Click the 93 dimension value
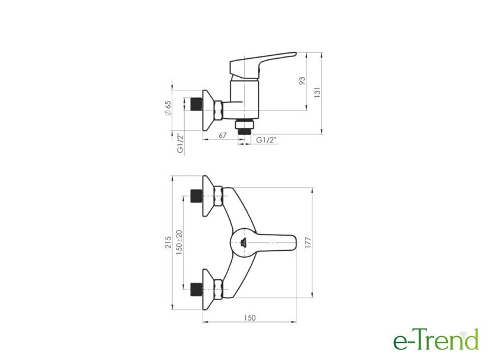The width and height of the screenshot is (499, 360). tap(302, 81)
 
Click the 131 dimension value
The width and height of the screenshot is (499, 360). tap(317, 92)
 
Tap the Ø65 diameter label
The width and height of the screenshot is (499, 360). tap(168, 108)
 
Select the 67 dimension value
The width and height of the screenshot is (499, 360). tap(223, 135)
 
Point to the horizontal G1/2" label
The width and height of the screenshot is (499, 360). tap(266, 140)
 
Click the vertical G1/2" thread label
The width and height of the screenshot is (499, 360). tap(181, 144)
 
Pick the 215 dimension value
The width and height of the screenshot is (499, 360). tap(168, 242)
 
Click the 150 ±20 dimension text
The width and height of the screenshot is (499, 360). tap(179, 242)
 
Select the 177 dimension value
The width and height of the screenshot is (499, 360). tap(308, 243)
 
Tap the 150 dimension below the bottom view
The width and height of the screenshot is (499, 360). tap(250, 318)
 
